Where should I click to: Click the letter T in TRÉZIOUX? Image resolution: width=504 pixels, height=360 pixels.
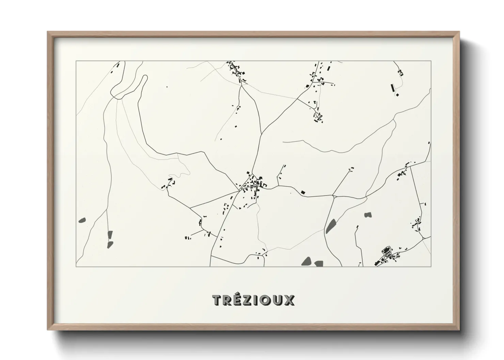click(x=217, y=300)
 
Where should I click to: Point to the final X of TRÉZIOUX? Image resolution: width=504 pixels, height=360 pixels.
click(x=289, y=300)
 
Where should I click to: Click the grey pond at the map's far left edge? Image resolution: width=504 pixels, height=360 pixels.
click(x=82, y=220)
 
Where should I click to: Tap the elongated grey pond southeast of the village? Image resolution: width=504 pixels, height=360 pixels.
click(x=330, y=226)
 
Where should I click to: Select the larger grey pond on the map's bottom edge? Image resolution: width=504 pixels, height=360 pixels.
click(x=307, y=261)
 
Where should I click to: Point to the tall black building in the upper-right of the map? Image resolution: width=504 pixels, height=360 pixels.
click(x=393, y=88)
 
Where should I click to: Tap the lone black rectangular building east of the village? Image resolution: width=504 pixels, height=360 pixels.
click(x=303, y=192)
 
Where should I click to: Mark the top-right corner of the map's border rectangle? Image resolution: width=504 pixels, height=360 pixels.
click(x=431, y=61)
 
